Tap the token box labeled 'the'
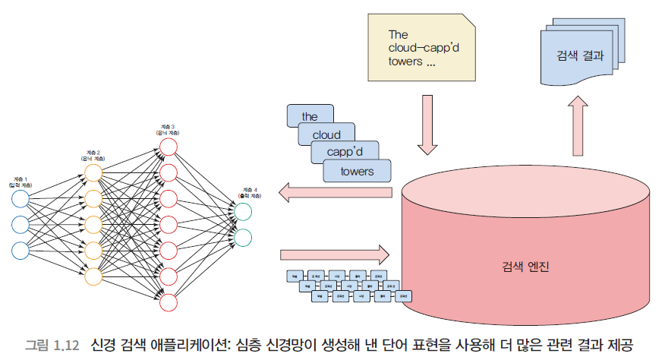coord(310,116)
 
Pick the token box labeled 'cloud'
coord(326,134)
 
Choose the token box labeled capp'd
coord(345,153)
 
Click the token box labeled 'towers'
coord(357,171)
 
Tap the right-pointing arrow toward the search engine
coord(334,253)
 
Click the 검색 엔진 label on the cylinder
coord(525,268)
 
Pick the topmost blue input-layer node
coord(20,200)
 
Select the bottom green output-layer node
coord(244,238)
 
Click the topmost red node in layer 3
coord(169,147)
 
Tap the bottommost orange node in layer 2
coord(93,276)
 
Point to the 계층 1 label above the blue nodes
coord(20,181)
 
